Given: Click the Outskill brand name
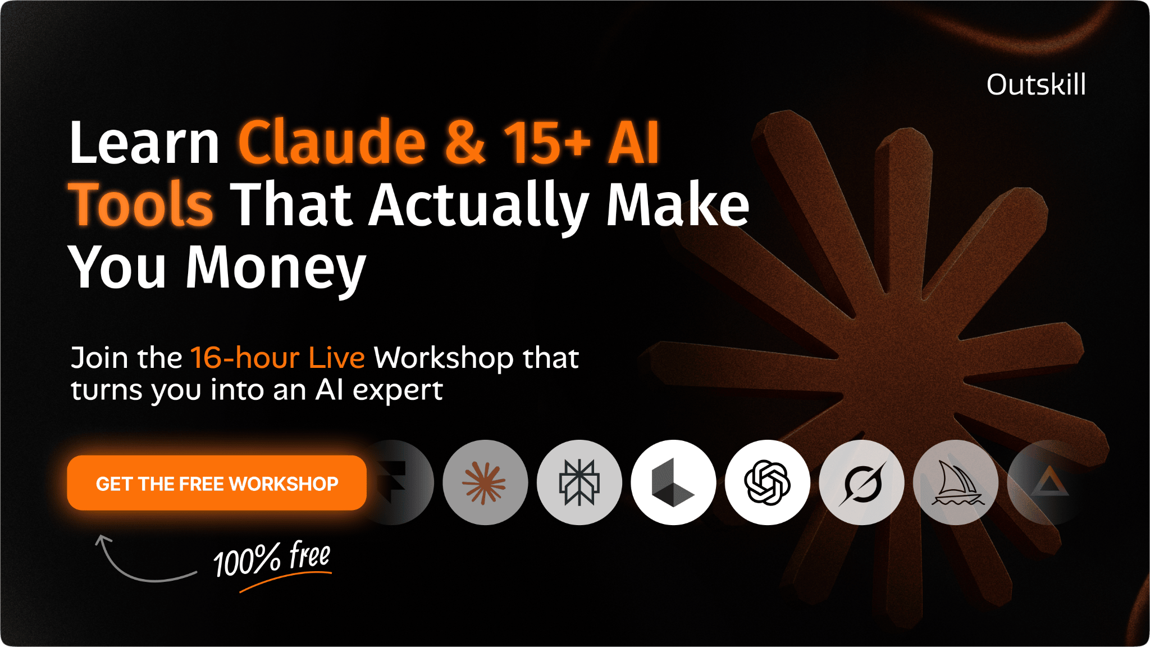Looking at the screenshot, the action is coord(1036,85).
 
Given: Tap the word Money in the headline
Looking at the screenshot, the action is coord(276,268).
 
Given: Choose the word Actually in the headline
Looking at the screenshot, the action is coord(480,206).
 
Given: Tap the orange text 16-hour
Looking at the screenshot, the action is coord(245,358).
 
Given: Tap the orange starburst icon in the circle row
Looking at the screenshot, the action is coord(485,482).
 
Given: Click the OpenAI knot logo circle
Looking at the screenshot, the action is coord(768,482).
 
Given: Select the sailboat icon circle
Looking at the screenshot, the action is coord(956,482).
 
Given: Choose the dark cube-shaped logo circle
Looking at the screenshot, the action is coord(673,482).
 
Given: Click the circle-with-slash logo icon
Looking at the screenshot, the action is coord(862,482).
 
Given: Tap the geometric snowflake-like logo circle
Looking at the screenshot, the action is coord(579,482).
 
